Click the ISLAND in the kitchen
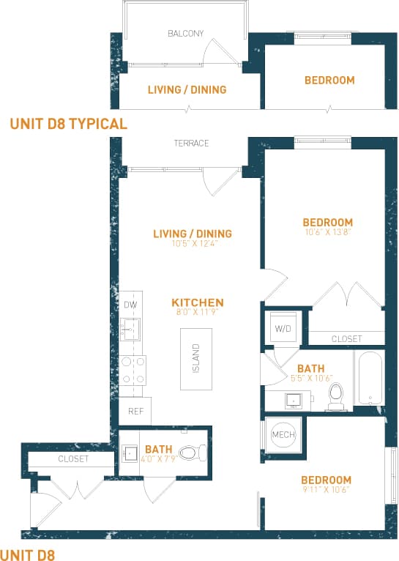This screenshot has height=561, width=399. pos(196,358)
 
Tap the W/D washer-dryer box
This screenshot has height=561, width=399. pos(283,328)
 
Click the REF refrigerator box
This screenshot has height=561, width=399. pos(135,412)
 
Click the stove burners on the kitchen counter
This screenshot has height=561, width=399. pos(133,370)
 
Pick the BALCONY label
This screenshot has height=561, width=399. pos(185,34)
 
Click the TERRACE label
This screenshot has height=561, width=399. pos(191,144)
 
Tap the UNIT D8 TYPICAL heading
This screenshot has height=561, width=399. pos(69,124)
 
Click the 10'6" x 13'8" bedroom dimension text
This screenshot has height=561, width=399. pos(328,233)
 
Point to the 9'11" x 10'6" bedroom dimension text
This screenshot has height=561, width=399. pos(327,491)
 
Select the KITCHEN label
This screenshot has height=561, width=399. pos(198,302)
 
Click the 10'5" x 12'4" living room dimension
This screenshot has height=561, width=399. pos(193,244)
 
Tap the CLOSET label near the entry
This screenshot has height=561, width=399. pos(73,459)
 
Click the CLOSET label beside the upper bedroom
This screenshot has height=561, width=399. pos(346,339)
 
